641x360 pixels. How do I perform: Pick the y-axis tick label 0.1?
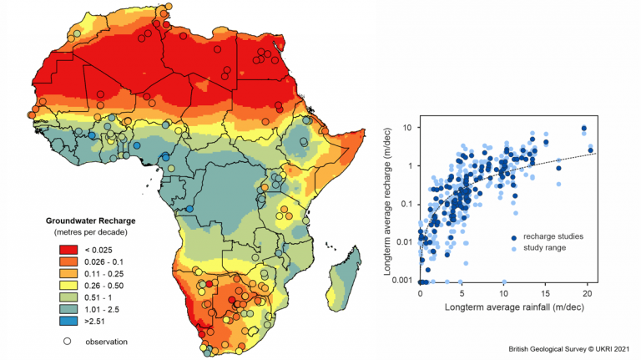(x=405, y=204)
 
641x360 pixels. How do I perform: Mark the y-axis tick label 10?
(x=407, y=127)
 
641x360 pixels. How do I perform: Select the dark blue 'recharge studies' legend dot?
(x=512, y=237)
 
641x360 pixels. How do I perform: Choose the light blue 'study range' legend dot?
(x=512, y=248)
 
